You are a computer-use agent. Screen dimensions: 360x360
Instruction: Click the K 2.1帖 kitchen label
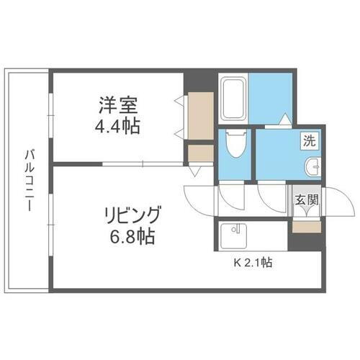click(x=252, y=263)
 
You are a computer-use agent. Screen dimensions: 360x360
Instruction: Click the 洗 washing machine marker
click(x=308, y=142)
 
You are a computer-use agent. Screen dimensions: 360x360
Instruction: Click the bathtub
click(x=235, y=94)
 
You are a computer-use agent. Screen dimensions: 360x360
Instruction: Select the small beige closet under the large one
click(x=200, y=153)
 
